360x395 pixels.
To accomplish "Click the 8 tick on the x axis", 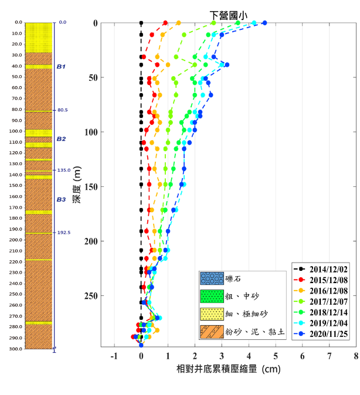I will (356, 356).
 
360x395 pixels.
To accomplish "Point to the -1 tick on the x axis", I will (114, 356).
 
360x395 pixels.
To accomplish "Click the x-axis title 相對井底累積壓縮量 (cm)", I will (229, 370).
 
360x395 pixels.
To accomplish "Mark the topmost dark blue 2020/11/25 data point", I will (264, 23).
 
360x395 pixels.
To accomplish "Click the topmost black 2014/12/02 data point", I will (141, 23).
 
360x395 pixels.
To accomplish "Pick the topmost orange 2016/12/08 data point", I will (178, 23).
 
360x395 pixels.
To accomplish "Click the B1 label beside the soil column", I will (61, 67).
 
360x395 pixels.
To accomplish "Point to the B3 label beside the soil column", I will (61, 200).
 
